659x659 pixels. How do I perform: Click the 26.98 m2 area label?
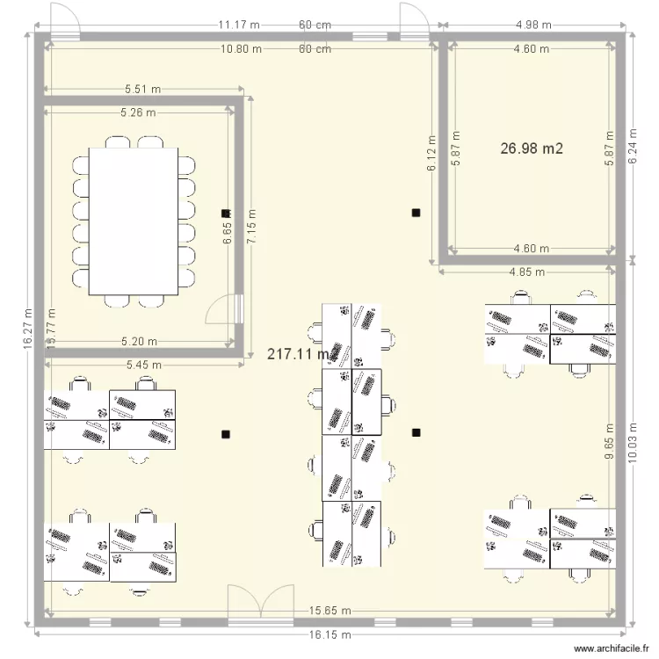532,149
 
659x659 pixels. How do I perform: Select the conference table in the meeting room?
134,221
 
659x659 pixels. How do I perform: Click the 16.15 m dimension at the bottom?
331,634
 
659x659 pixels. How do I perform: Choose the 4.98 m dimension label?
534,25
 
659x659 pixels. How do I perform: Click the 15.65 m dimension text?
330,612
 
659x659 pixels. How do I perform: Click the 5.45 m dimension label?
143,364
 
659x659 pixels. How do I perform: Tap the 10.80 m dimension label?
240,49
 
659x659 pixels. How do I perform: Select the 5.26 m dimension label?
138,112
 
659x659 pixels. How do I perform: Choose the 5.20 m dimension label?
139,342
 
